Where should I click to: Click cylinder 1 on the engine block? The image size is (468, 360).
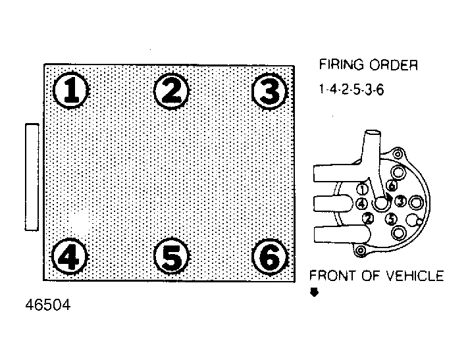(x=71, y=90)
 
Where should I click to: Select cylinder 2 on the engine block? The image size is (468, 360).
(x=172, y=91)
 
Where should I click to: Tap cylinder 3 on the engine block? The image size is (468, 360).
(x=269, y=91)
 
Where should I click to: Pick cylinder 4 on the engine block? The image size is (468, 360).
(x=70, y=257)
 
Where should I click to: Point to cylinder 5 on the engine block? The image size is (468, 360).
(x=172, y=257)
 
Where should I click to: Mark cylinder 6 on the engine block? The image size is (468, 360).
(x=270, y=257)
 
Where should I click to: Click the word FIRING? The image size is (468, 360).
(x=342, y=64)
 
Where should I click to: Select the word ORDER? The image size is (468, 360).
(x=394, y=64)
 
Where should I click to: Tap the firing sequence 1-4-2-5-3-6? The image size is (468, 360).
(x=351, y=90)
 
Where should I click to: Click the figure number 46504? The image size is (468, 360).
(x=48, y=305)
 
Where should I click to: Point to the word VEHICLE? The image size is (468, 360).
(x=415, y=276)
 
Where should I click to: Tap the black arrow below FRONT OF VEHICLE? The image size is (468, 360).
(x=314, y=292)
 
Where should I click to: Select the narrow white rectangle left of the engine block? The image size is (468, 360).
(x=32, y=177)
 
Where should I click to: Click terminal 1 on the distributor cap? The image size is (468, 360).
(x=362, y=190)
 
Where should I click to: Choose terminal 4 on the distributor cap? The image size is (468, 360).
(x=362, y=204)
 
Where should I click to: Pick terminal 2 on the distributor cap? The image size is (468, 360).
(x=368, y=219)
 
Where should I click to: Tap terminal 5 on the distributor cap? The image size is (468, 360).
(x=391, y=219)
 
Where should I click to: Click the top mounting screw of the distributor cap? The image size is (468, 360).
(x=398, y=154)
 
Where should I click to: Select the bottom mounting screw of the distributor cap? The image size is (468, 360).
(x=361, y=250)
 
